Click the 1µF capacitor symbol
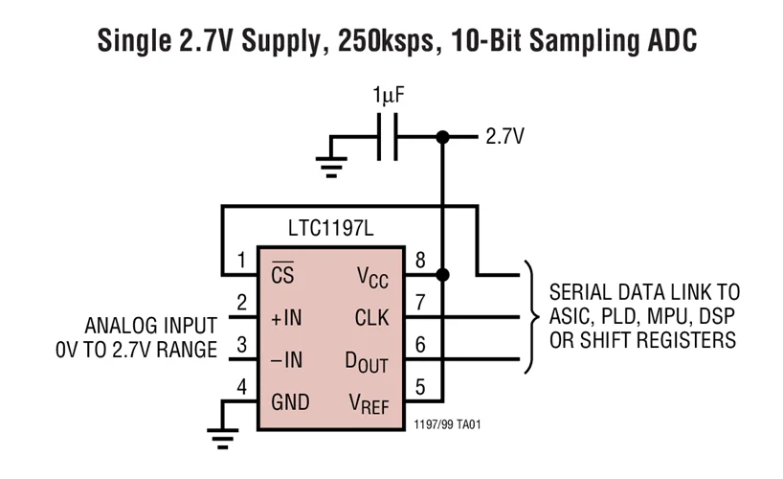pos(388,137)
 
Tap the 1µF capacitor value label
pos(390,97)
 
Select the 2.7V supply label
pos(504,137)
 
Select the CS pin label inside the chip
pos(282,276)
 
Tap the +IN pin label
pos(286,318)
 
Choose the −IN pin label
pos(286,360)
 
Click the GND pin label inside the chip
pos(289,402)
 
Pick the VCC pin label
pos(372,277)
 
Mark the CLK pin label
pos(371,318)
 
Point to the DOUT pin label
pos(368,361)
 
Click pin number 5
pos(419,386)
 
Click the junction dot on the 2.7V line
pos(441,137)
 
